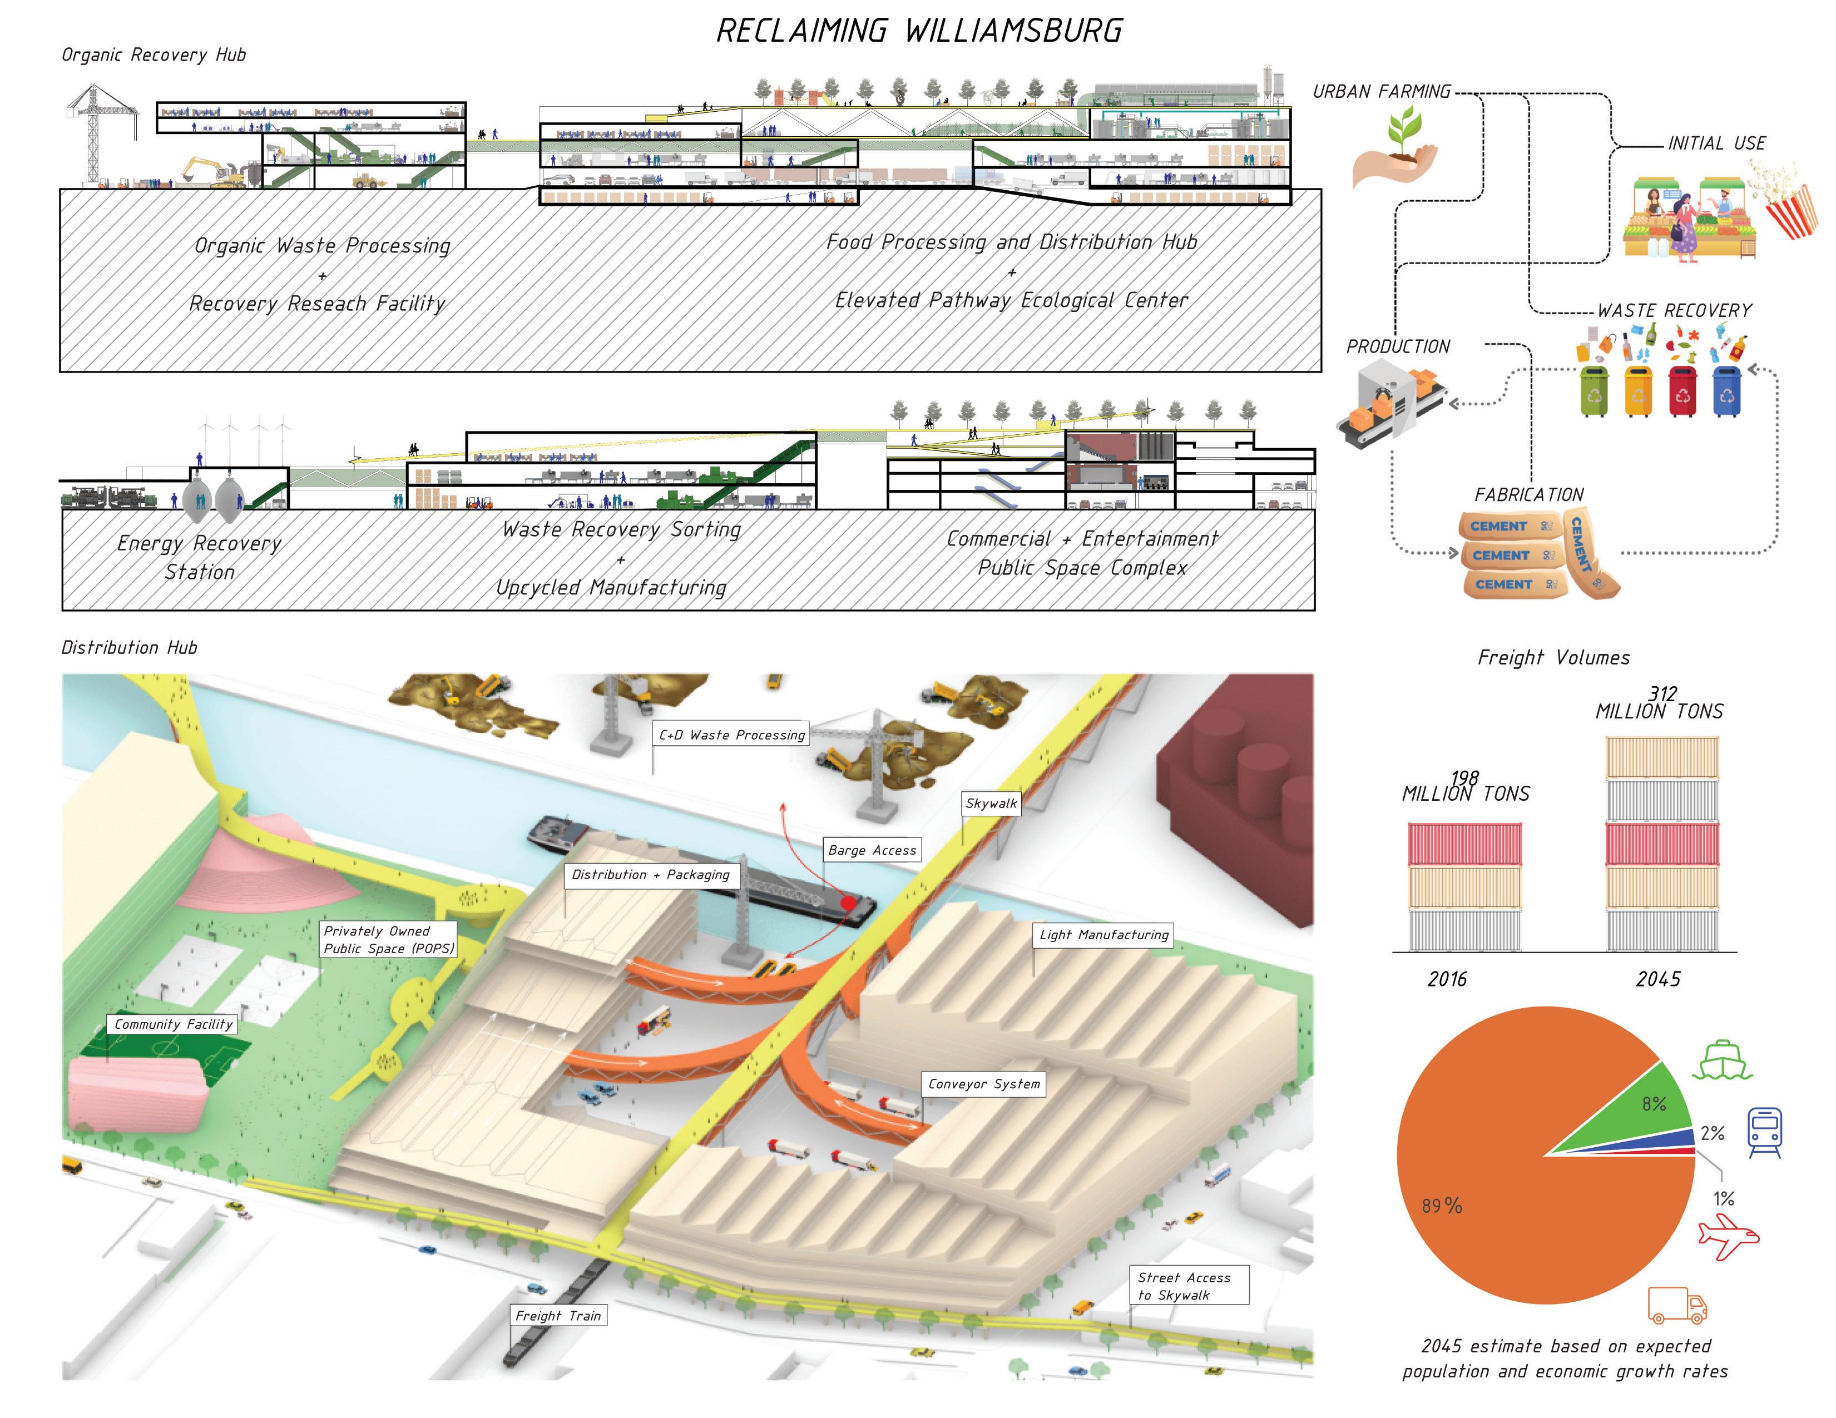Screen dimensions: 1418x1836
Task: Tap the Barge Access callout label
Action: [872, 850]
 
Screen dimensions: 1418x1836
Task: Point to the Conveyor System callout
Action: [983, 1083]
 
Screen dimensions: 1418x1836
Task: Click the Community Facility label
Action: [173, 1024]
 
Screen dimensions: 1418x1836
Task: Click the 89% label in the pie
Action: [1442, 1206]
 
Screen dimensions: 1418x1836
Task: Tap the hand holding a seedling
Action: [1394, 151]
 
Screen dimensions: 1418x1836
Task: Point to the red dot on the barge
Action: [848, 904]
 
